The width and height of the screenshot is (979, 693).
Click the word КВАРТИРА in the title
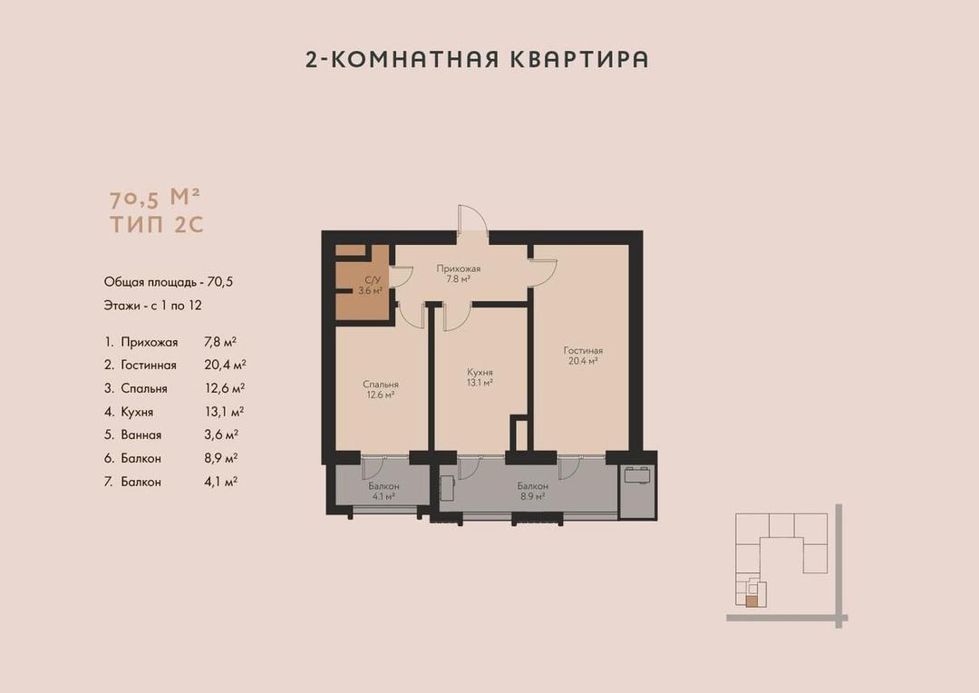pos(579,59)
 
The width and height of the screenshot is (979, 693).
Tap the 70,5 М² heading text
pos(155,198)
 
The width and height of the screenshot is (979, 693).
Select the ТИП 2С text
pos(157,224)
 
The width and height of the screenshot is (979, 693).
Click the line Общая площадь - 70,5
pos(169,282)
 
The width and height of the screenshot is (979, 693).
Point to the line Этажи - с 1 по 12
pos(153,306)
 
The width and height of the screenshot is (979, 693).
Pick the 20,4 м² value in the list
pos(225,365)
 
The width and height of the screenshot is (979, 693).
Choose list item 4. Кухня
pos(129,412)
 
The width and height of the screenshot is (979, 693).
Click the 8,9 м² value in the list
pos(221,458)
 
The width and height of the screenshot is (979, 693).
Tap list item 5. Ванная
pos(133,434)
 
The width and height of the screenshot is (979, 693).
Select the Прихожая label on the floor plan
pos(459,268)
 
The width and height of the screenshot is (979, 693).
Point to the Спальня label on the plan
pos(381,385)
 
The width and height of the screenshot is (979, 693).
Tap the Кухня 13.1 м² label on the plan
pos(480,377)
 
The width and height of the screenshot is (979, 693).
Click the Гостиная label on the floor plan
pos(583,350)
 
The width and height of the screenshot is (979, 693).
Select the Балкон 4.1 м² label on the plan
pos(383,491)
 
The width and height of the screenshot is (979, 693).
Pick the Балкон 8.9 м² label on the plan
pos(533,491)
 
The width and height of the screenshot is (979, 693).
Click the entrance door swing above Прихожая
pos(472,218)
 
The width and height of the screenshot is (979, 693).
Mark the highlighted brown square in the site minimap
pos(751,601)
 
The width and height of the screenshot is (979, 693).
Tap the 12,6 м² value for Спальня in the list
pos(225,388)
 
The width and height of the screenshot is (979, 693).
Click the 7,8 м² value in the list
pos(220,342)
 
